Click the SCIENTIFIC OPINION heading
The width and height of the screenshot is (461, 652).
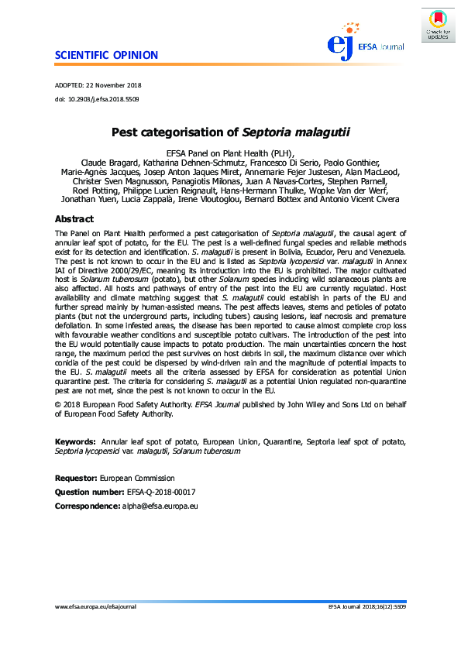(x=106, y=55)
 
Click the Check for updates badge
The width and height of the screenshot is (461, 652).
(x=437, y=25)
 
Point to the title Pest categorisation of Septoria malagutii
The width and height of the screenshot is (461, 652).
(x=230, y=132)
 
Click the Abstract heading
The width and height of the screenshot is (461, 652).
(x=74, y=219)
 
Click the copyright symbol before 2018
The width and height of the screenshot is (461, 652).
(x=58, y=405)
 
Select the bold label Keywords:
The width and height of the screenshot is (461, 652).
(x=75, y=441)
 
